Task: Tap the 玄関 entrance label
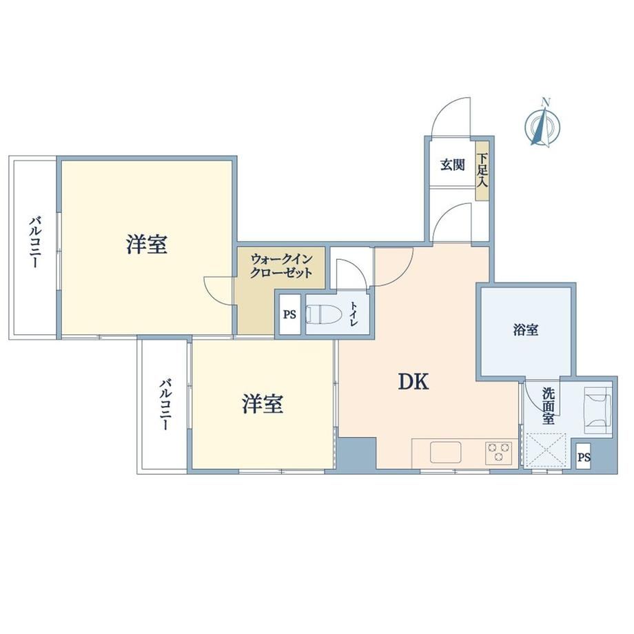click(453, 165)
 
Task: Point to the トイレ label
click(354, 314)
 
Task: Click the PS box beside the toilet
click(289, 314)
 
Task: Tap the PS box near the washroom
click(583, 457)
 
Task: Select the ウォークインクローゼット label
click(281, 265)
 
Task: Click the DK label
click(413, 381)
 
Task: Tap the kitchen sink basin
click(446, 452)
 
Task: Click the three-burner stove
click(498, 453)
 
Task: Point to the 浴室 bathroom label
click(526, 330)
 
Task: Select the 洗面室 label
click(549, 405)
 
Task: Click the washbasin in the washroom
click(597, 411)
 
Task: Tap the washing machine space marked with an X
click(545, 449)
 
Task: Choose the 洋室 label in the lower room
click(263, 404)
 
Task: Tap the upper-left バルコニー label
click(35, 243)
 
